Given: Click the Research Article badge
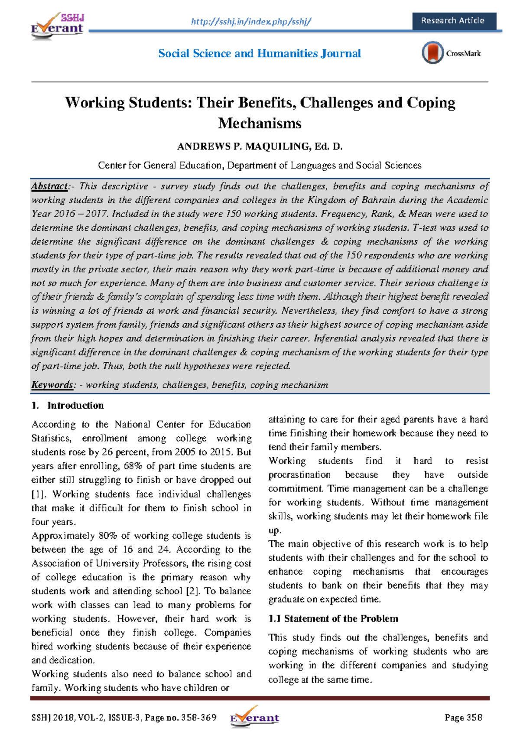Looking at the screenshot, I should pos(453,21).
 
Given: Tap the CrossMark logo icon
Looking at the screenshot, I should pos(432,53).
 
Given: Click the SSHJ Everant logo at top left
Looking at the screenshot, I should pos(57,26).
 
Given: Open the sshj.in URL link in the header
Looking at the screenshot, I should pos(251,21).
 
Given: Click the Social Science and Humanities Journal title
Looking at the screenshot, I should pos(259,53).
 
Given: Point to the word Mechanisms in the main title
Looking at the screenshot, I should pos(260,124).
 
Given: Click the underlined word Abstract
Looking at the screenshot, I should pos(49,186).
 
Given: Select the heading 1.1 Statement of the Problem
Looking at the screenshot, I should pos(333,618).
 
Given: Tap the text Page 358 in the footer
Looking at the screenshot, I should pos(463,718).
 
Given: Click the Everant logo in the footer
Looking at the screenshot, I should pos(255,717).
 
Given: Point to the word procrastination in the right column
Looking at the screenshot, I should pos(299,475).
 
